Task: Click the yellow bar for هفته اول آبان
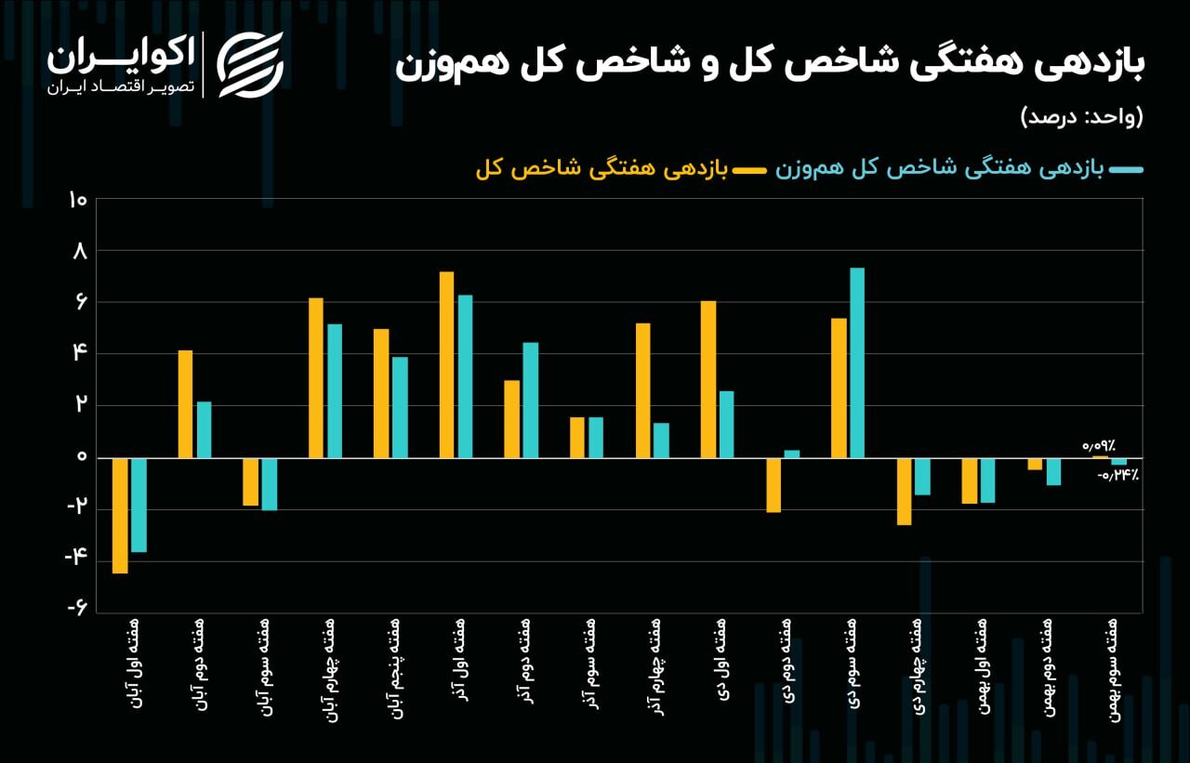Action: [x=120, y=516]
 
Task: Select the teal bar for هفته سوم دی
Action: [x=857, y=362]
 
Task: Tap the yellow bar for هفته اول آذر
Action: [x=446, y=364]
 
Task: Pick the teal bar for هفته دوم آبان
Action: [x=204, y=429]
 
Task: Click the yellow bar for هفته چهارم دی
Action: [x=904, y=492]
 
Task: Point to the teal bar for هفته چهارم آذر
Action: [x=661, y=441]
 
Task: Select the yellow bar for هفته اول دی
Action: [x=708, y=379]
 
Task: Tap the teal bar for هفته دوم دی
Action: [x=792, y=454]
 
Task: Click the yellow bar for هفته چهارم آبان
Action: [x=316, y=377]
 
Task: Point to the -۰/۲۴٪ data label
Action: [x=1117, y=475]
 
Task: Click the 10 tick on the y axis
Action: [x=77, y=201]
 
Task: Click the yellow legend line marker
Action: [x=748, y=169]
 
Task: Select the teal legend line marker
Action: [x=1127, y=169]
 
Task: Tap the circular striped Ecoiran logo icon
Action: [x=249, y=64]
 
